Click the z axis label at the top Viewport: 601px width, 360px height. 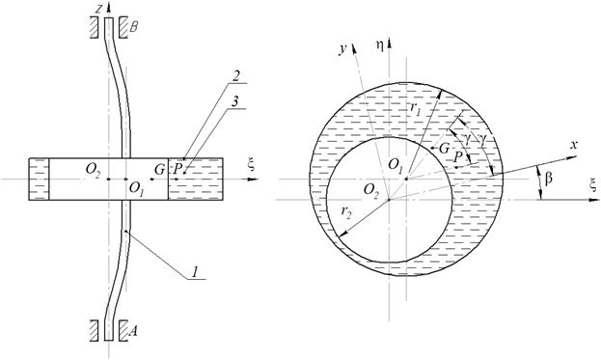tap(99, 10)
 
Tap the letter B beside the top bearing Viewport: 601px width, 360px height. tap(133, 27)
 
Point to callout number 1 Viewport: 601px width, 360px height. tap(196, 272)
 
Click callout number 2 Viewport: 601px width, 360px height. tap(235, 76)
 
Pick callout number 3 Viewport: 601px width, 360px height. tap(235, 101)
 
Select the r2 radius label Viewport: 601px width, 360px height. tap(345, 211)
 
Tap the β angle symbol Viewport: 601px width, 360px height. tap(549, 179)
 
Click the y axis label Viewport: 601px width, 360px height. tap(343, 50)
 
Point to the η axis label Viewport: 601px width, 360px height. tap(379, 45)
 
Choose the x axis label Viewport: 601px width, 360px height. tap(573, 145)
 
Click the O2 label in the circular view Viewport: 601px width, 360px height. tap(371, 189)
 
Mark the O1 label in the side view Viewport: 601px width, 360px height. tap(137, 188)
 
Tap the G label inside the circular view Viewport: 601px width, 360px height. tap(444, 148)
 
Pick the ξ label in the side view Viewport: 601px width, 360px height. tap(252, 166)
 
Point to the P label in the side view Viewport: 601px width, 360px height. tap(178, 169)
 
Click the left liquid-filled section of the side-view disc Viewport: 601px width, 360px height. tap(40, 179)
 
